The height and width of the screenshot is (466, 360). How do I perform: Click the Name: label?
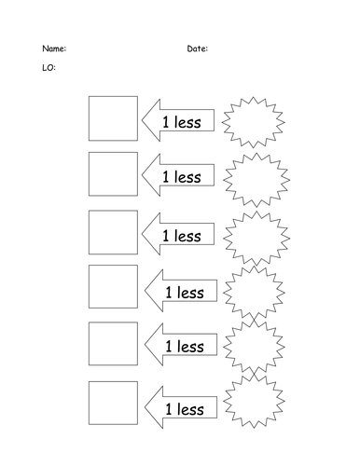tap(53, 48)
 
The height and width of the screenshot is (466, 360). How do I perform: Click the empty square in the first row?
tap(113, 118)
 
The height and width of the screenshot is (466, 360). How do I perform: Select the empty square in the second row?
tap(113, 174)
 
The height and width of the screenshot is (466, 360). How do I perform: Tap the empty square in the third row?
tap(113, 232)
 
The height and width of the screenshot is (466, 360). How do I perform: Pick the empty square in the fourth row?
tap(113, 289)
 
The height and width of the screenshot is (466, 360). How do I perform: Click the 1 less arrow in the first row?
tap(177, 121)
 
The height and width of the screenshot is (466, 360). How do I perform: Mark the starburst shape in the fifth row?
tap(255, 347)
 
